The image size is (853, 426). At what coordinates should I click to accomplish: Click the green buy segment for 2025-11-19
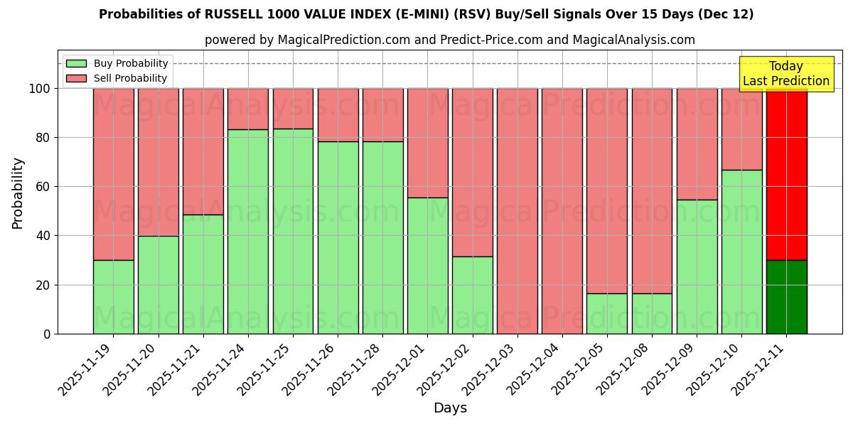(113, 297)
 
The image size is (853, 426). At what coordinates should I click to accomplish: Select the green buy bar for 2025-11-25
(293, 231)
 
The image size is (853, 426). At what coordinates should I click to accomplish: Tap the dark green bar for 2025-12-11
(786, 297)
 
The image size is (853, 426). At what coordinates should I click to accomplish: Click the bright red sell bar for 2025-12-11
(786, 174)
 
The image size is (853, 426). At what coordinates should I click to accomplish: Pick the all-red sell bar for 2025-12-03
(517, 211)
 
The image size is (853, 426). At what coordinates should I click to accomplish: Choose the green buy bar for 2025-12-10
(741, 251)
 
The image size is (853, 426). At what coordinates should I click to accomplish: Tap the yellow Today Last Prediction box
(785, 74)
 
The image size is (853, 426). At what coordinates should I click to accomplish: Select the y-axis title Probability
(18, 193)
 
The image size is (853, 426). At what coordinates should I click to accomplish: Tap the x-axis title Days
(450, 408)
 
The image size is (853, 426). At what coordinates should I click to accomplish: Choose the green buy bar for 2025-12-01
(428, 266)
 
